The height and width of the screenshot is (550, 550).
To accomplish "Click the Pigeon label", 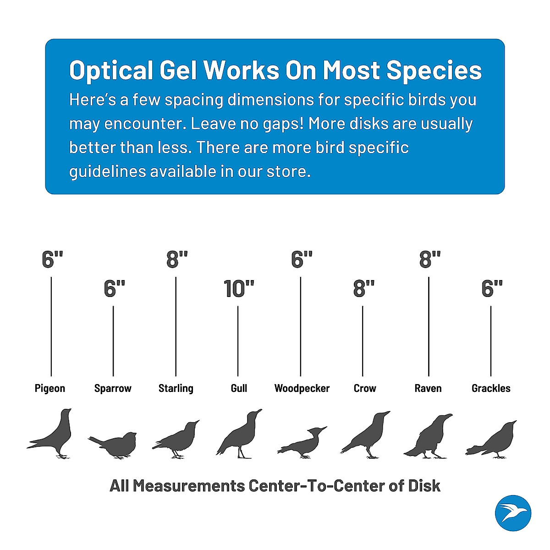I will pyautogui.click(x=50, y=388).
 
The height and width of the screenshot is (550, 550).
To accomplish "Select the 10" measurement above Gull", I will pyautogui.click(x=239, y=289).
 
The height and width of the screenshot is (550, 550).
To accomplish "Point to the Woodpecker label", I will pyautogui.click(x=302, y=388).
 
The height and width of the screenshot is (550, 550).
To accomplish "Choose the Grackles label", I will pyautogui.click(x=491, y=388).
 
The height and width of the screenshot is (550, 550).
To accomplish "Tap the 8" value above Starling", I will pyautogui.click(x=177, y=259).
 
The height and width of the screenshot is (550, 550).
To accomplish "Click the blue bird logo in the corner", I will pyautogui.click(x=513, y=513).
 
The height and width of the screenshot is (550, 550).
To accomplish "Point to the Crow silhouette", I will pyautogui.click(x=367, y=435).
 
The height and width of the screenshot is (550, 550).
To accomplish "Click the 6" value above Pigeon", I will pyautogui.click(x=52, y=259).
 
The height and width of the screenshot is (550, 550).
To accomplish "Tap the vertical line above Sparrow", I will pyautogui.click(x=113, y=341).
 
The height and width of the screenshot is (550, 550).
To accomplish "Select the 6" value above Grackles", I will pyautogui.click(x=492, y=289).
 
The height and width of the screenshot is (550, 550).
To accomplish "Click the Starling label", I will pyautogui.click(x=176, y=388).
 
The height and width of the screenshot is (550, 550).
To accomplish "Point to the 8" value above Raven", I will pyautogui.click(x=429, y=259).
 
